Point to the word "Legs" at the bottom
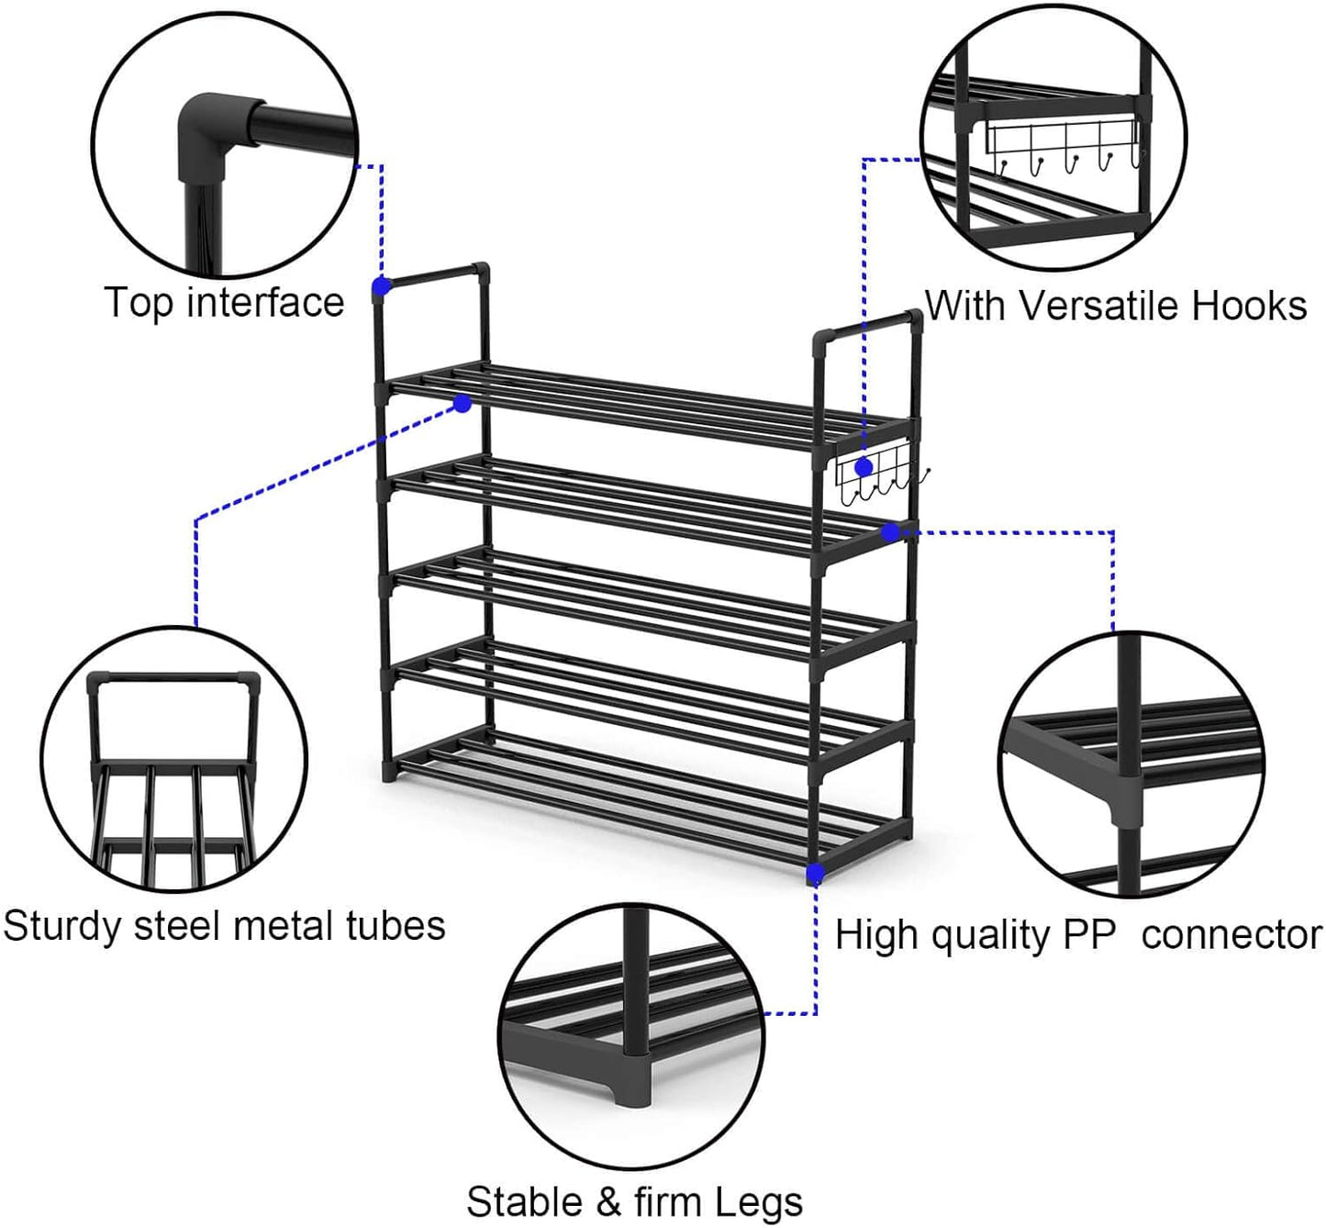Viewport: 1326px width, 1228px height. pos(759,1201)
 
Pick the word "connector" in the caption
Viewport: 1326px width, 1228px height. pos(1231,935)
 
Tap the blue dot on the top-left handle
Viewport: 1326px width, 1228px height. pos(382,286)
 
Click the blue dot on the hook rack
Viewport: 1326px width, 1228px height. pos(864,467)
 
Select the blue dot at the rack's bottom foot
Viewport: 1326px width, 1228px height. pos(815,875)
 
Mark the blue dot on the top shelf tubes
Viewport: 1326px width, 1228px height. pos(462,404)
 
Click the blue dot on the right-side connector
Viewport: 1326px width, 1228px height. pos(889,532)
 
